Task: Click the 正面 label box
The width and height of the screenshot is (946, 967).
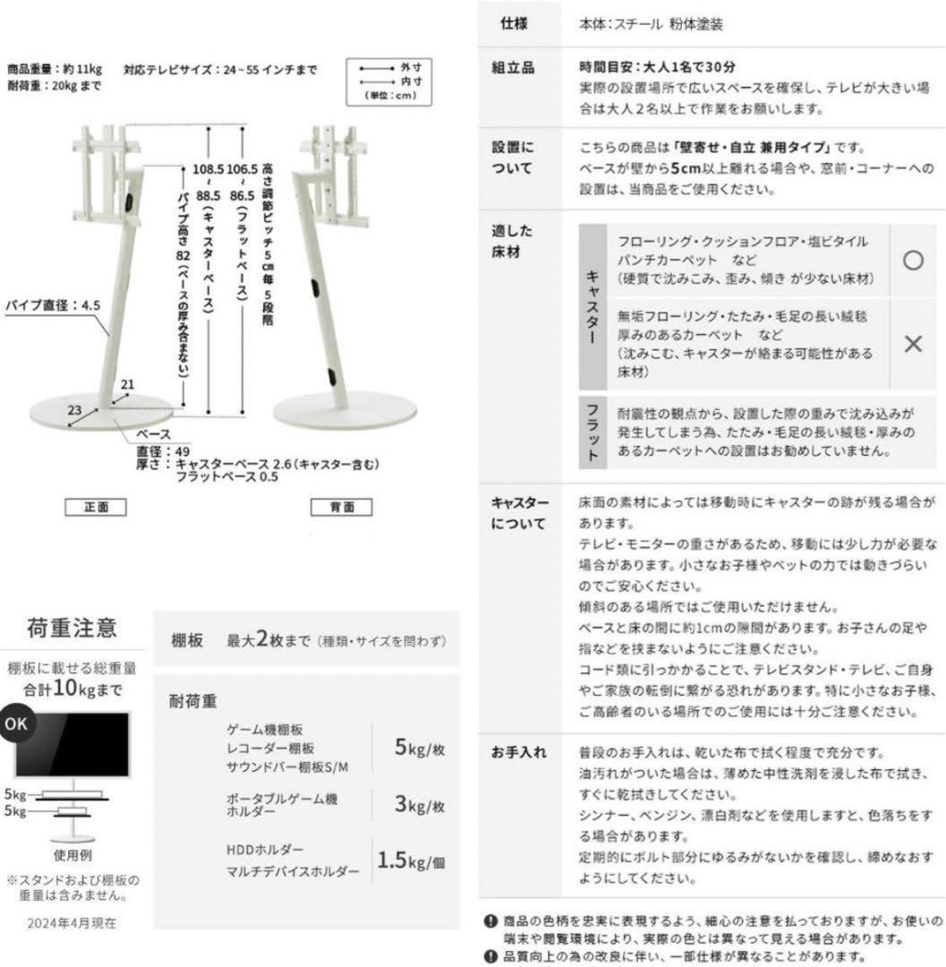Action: click(x=96, y=508)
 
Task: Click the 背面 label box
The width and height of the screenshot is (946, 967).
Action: click(x=341, y=508)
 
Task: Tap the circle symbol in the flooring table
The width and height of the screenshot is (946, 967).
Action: click(x=912, y=260)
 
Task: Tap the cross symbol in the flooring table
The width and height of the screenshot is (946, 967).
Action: click(x=912, y=344)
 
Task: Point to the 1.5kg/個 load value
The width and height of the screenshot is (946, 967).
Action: click(x=413, y=860)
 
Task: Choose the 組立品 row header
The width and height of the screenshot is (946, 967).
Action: click(x=516, y=69)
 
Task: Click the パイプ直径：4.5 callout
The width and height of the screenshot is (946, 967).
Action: click(x=54, y=305)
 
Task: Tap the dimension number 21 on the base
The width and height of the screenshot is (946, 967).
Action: click(x=128, y=385)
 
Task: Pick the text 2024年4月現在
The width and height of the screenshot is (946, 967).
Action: click(x=73, y=921)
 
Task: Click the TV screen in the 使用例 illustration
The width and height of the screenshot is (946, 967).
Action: click(x=74, y=745)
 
